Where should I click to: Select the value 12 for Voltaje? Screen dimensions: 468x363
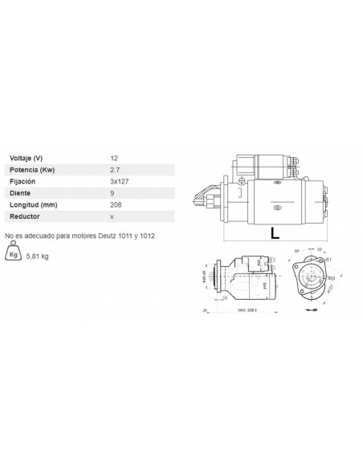point(114,158)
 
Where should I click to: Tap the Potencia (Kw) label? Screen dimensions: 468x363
point(31,170)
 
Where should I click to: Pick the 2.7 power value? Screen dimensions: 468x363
point(115,170)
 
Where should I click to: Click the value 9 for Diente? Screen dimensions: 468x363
point(112,193)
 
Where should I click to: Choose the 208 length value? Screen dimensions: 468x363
point(116,205)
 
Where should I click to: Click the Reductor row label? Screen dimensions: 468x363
point(24,216)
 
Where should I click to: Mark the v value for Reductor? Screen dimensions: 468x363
point(112,216)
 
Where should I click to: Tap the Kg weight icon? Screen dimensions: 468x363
point(13,255)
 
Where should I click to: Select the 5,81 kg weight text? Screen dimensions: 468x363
point(38,256)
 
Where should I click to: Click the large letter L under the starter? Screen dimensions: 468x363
point(275,234)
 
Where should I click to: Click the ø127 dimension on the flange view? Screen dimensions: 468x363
point(329,292)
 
